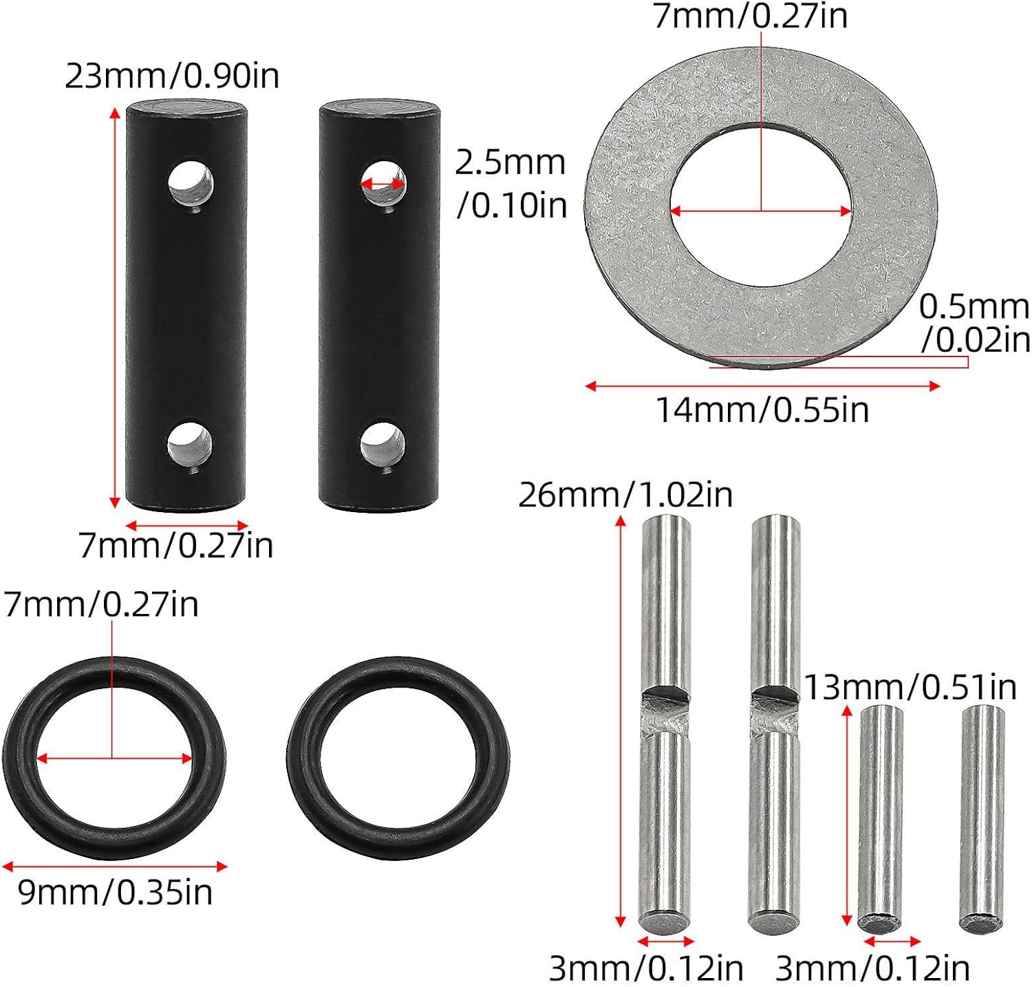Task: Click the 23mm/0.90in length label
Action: [x=172, y=76]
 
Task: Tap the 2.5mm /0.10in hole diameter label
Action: [x=511, y=184]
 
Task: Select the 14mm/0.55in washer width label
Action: [x=762, y=410]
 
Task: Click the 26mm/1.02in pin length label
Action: [x=625, y=496]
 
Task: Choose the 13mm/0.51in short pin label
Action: [x=910, y=687]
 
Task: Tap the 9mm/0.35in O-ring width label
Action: [x=115, y=893]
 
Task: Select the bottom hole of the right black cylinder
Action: [x=383, y=444]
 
